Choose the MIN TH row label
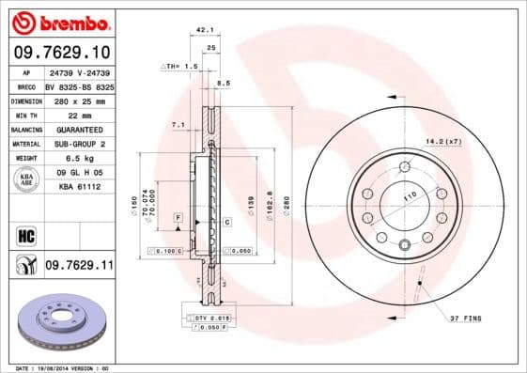pos(25,115)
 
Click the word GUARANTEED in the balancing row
pos(79,129)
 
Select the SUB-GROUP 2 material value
pos(79,144)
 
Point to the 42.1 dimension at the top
pos(202,30)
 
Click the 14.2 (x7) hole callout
pos(443,142)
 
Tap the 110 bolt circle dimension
pos(410,199)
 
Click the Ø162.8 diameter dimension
pos(270,206)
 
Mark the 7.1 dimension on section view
pos(177,125)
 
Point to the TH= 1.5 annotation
pos(180,67)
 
